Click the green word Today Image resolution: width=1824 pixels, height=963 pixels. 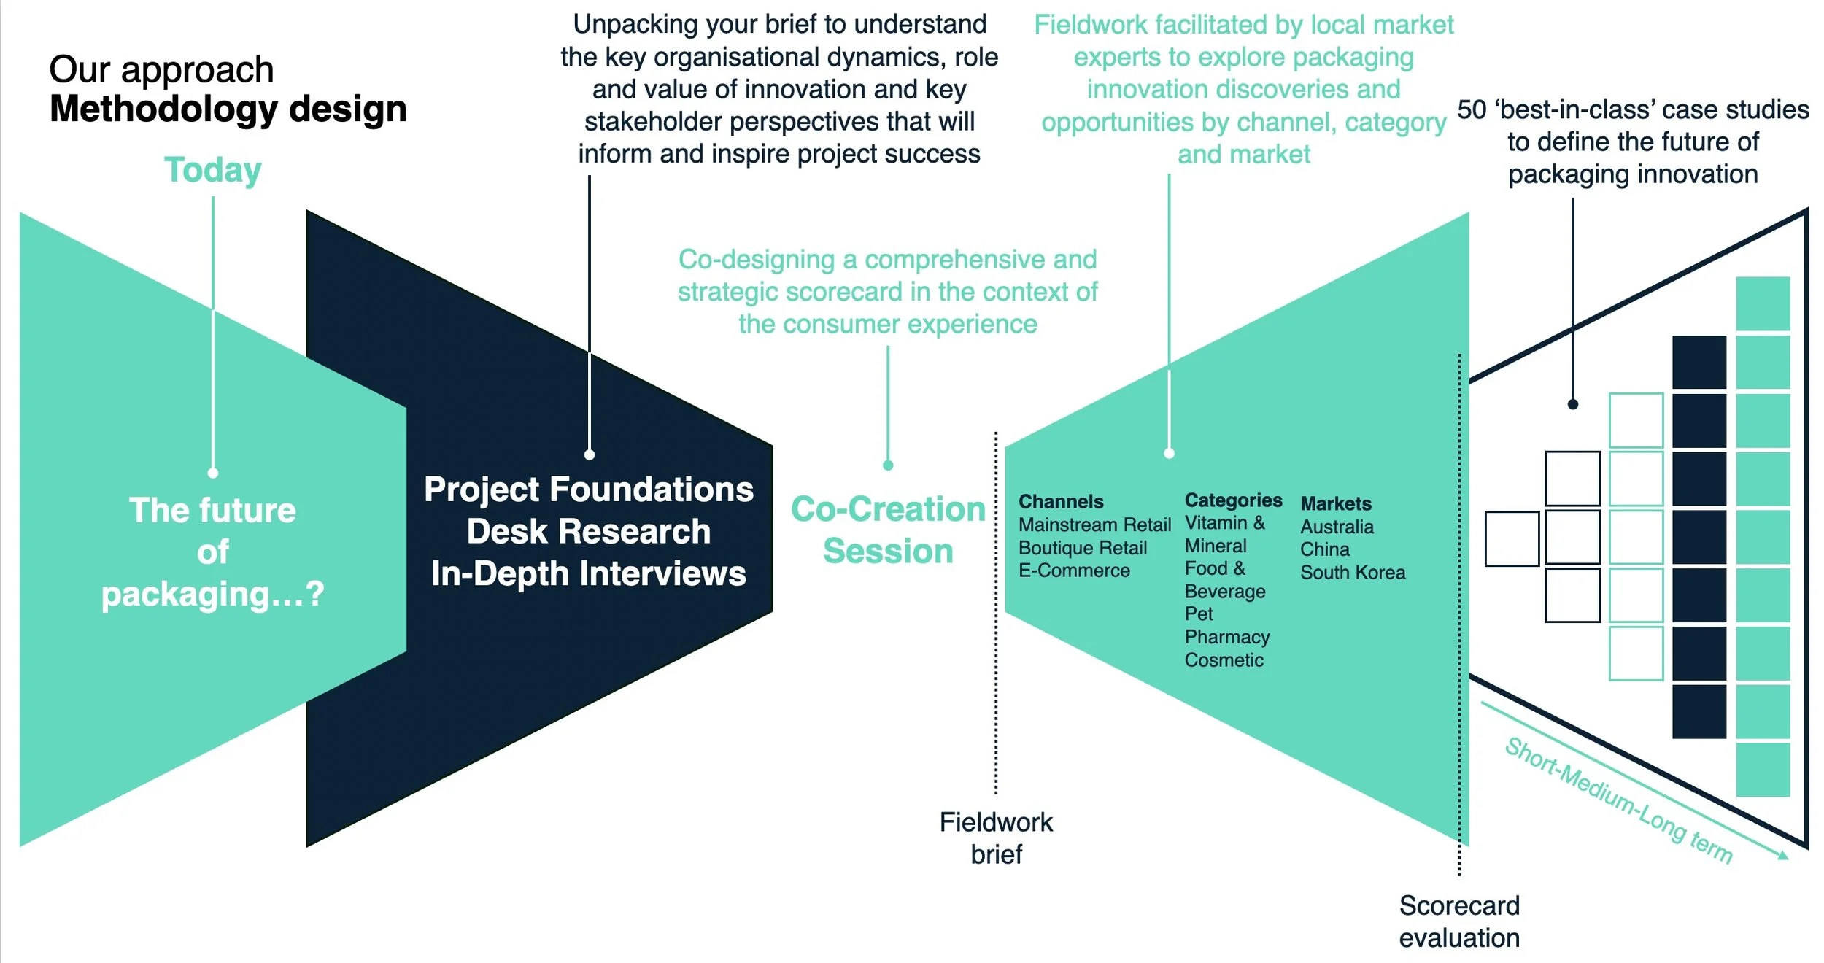(x=212, y=170)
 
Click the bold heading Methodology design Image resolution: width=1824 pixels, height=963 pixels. (x=228, y=109)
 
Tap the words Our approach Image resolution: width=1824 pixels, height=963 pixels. (x=161, y=70)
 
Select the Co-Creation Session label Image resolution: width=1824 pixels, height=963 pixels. (x=888, y=530)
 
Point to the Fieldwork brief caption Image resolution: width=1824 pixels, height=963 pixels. (x=996, y=838)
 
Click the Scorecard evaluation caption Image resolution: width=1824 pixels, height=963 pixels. (x=1459, y=921)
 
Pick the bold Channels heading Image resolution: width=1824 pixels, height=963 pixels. (x=1061, y=502)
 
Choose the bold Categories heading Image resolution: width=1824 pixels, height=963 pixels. (x=1233, y=500)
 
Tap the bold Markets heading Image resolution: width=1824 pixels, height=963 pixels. (x=1336, y=504)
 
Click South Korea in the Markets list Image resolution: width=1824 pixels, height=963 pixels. (x=1353, y=573)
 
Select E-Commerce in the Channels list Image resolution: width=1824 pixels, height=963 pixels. (x=1074, y=571)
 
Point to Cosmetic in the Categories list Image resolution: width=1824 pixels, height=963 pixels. (x=1224, y=660)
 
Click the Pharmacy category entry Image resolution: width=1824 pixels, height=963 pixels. (x=1227, y=637)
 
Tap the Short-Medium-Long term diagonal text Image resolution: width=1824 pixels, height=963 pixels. (x=1618, y=800)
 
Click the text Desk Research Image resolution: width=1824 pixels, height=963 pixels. (x=589, y=532)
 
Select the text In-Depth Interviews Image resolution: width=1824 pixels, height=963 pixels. (x=589, y=574)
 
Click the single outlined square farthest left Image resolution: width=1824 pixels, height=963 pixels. (x=1512, y=538)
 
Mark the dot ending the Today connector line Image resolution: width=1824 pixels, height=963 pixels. (x=213, y=473)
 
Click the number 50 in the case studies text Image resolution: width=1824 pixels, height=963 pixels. (x=1472, y=110)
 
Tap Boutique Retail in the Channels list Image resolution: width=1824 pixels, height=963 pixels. (x=1083, y=548)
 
